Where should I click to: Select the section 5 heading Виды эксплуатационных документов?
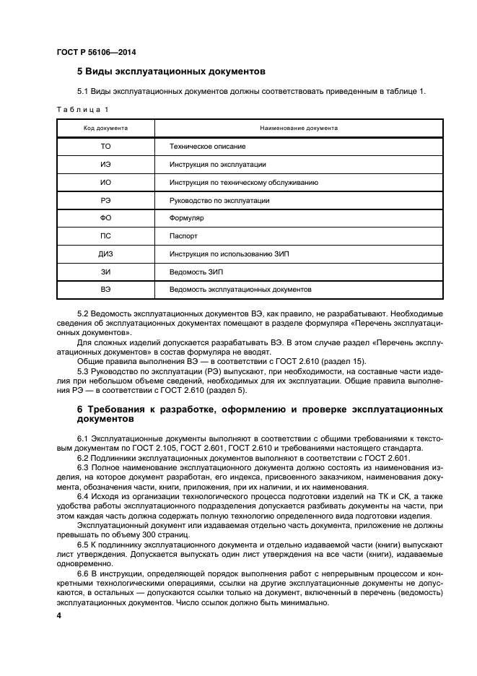click(172, 71)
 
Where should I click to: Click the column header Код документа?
click(106, 127)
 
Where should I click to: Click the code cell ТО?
click(106, 146)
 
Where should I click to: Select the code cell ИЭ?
click(106, 164)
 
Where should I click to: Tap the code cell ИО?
click(106, 182)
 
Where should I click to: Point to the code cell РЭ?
click(106, 200)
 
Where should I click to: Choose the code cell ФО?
click(106, 218)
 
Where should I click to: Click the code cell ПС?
click(106, 235)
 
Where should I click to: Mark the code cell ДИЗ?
click(106, 253)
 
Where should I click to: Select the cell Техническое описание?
click(203, 146)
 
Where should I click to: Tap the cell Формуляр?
click(188, 218)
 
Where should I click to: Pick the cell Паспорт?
click(184, 235)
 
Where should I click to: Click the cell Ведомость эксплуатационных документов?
click(241, 289)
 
